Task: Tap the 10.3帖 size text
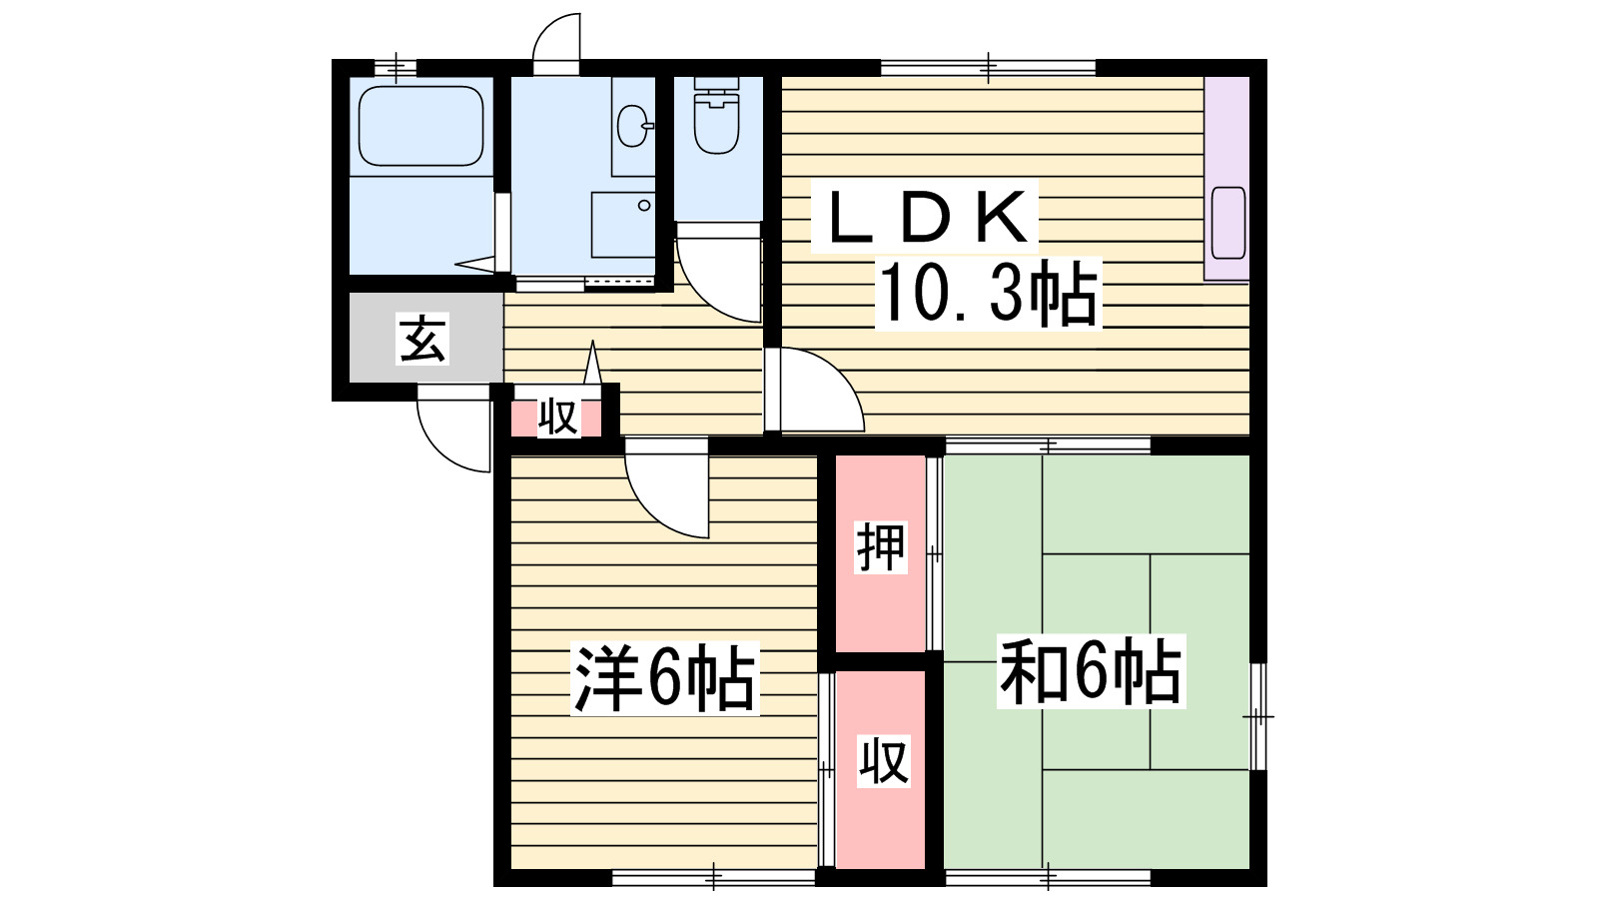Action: [987, 294]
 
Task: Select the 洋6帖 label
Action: [664, 679]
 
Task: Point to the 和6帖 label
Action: [1091, 672]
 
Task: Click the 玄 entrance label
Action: [422, 339]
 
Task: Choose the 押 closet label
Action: [881, 547]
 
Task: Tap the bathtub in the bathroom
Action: [420, 126]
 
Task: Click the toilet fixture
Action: [716, 117]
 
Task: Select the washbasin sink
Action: [633, 126]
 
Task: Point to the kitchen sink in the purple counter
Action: [1227, 222]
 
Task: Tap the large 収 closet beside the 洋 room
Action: [883, 762]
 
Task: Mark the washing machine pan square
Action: [622, 225]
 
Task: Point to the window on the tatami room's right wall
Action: [1258, 716]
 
